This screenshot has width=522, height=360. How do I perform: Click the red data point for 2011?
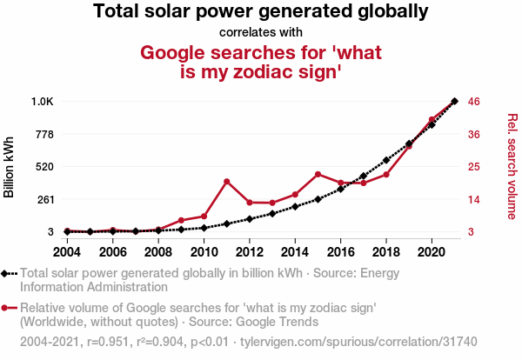pyautogui.click(x=226, y=181)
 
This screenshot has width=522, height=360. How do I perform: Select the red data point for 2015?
pyautogui.click(x=318, y=174)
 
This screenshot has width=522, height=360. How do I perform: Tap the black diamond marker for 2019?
pyautogui.click(x=409, y=143)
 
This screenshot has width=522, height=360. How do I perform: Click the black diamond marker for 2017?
pyautogui.click(x=364, y=176)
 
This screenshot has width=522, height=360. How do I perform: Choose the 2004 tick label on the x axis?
pyautogui.click(x=67, y=252)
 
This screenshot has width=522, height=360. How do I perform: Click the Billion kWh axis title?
pyautogui.click(x=10, y=167)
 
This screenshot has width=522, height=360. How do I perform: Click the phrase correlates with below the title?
pyautogui.click(x=261, y=33)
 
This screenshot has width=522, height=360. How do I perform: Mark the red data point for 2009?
pyautogui.click(x=181, y=221)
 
